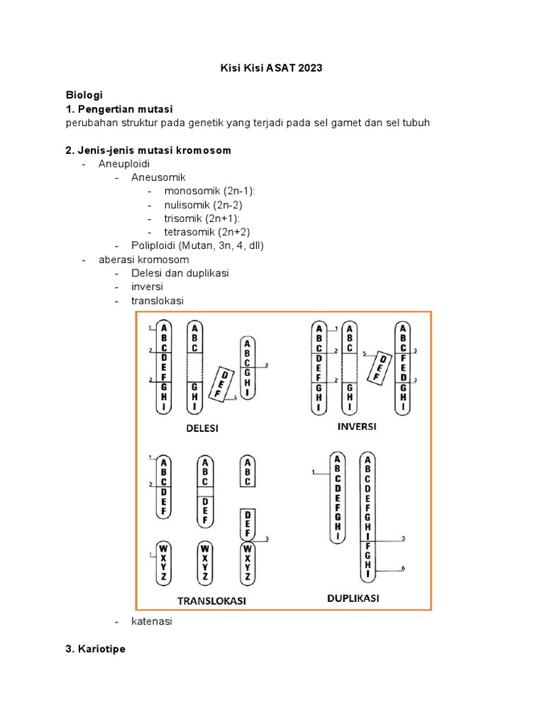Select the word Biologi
click(x=84, y=94)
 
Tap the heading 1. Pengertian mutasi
click(x=119, y=108)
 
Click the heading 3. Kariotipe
click(x=96, y=649)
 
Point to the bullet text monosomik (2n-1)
click(x=210, y=191)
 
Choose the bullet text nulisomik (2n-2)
click(x=204, y=205)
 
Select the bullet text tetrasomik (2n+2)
click(x=207, y=232)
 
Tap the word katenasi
click(x=152, y=621)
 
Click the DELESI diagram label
click(x=202, y=428)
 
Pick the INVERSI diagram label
click(x=357, y=427)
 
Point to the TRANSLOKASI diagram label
click(x=211, y=601)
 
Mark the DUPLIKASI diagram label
click(x=353, y=598)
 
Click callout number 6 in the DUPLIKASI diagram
click(x=403, y=569)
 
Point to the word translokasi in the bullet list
click(x=158, y=301)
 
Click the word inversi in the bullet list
click(x=147, y=286)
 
